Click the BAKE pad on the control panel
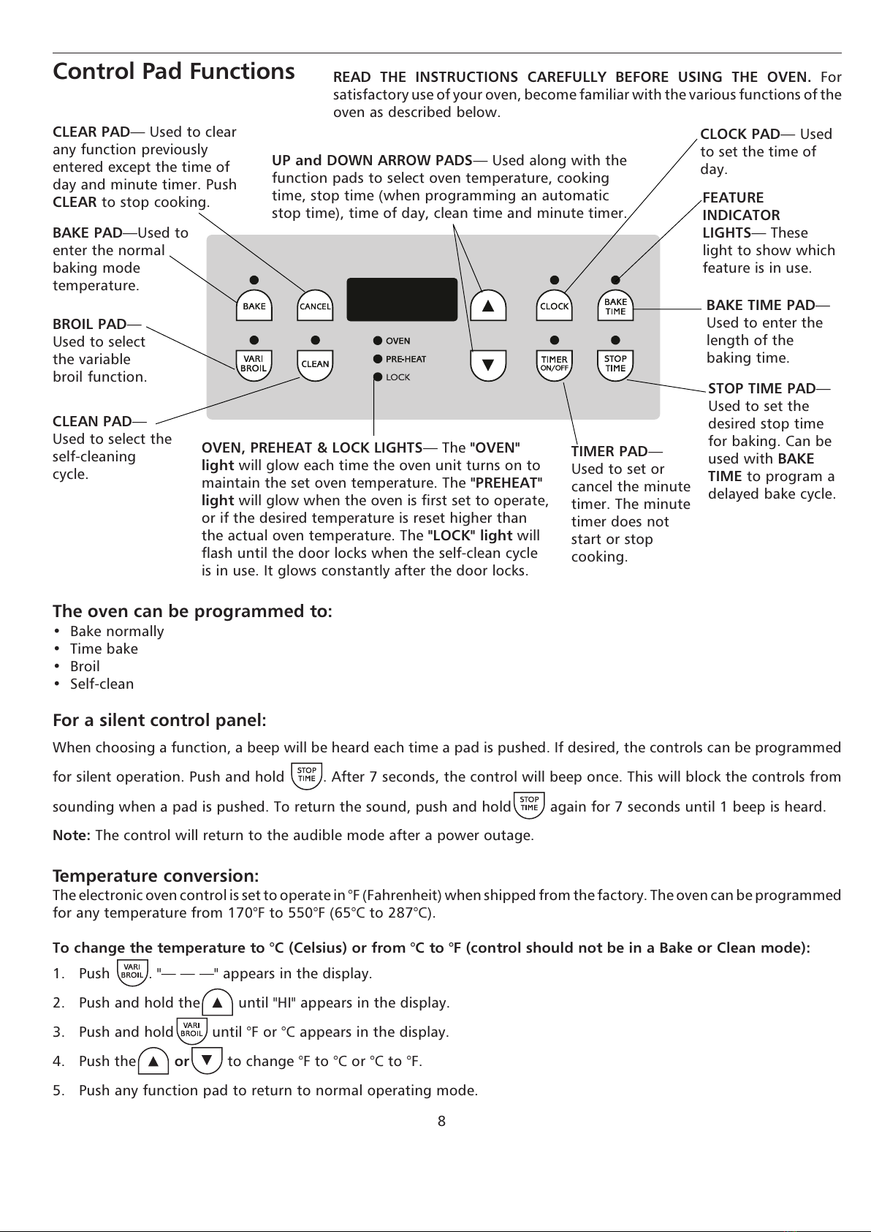254,306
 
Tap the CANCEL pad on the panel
315,306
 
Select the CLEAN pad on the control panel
315,364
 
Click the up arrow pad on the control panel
488,306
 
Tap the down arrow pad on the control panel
488,364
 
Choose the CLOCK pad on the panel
554,306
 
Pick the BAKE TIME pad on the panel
615,306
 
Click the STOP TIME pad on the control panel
615,364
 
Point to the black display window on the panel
402,299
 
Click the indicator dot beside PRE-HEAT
378,359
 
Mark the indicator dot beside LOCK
378,377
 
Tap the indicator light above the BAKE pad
254,279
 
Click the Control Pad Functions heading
174,72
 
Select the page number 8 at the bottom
441,1121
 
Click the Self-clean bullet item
102,684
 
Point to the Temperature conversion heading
156,875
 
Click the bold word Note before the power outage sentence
71,835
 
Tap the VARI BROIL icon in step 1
132,972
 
